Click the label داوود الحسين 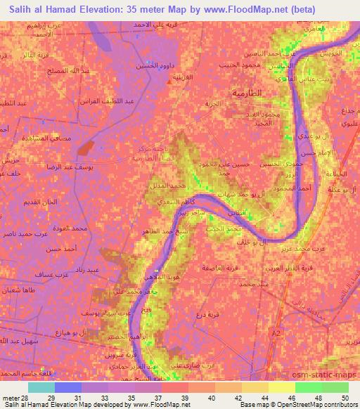[156, 67]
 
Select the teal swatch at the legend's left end [41, 387]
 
